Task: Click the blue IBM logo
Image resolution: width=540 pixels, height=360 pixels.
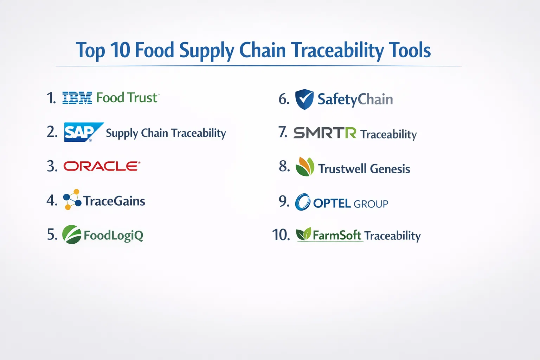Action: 77,98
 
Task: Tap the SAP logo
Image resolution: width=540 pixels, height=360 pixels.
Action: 84,132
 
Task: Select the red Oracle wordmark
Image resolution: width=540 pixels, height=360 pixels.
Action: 102,166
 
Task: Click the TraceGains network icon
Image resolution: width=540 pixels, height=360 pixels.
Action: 72,199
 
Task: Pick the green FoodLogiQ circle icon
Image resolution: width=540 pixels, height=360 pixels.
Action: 72,234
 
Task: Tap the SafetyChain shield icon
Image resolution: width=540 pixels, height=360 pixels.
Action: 304,99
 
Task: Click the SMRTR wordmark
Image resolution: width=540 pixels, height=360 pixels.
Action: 324,133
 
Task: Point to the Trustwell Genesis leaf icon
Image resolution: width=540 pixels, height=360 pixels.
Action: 305,167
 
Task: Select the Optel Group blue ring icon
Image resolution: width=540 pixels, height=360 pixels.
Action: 303,202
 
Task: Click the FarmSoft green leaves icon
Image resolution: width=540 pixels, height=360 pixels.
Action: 303,234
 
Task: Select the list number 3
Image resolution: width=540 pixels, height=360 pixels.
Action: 52,166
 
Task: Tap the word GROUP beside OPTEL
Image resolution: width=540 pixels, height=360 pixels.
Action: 371,204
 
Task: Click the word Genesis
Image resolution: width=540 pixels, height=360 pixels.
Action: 390,168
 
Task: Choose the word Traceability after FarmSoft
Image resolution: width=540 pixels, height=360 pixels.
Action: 392,236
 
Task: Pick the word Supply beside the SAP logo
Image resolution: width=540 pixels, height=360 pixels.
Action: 122,133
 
